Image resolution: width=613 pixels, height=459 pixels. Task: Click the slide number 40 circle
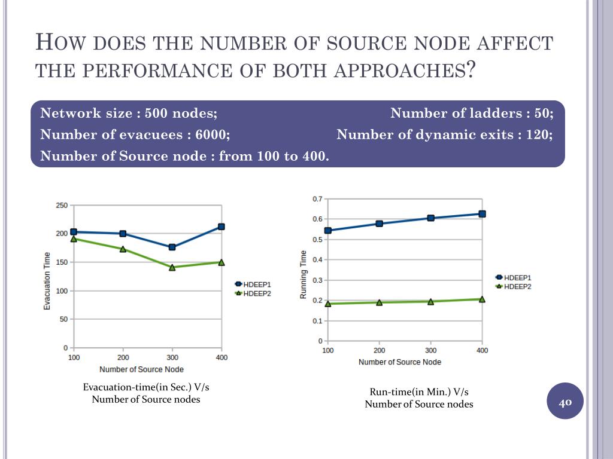point(565,401)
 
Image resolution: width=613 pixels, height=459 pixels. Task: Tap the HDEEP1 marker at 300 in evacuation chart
point(172,247)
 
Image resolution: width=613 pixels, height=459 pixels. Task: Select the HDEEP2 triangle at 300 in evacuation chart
point(172,267)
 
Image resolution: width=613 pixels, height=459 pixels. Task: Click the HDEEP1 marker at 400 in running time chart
point(482,214)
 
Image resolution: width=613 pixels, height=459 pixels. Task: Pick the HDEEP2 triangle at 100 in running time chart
point(328,304)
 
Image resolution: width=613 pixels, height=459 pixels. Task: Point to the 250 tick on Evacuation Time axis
point(62,206)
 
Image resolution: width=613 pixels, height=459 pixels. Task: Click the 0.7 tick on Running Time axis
point(317,198)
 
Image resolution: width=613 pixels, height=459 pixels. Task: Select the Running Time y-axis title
point(304,275)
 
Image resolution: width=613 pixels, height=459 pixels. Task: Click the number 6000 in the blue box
point(211,134)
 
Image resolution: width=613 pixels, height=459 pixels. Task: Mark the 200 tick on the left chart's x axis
point(122,357)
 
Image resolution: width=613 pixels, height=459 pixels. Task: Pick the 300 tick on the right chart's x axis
point(430,350)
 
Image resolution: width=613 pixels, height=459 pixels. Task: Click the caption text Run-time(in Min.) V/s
point(419,392)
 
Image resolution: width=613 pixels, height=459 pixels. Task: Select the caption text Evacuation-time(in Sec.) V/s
point(146,387)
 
